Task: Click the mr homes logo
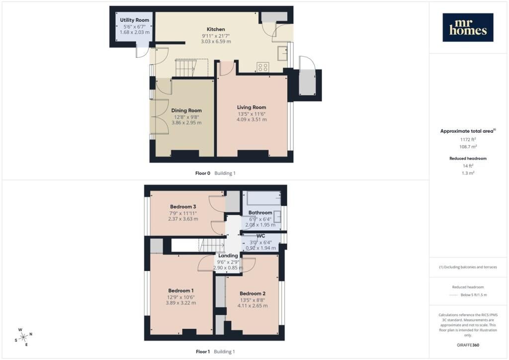tap(468, 27)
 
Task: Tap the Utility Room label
tap(134, 20)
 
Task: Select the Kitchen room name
tap(216, 29)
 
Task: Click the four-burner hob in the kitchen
tap(262, 67)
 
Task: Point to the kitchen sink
tap(282, 54)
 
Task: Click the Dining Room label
tap(186, 110)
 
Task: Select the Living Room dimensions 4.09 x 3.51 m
tap(252, 119)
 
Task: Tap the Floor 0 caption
tap(203, 174)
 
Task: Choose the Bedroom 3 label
tap(183, 207)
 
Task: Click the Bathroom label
tap(260, 213)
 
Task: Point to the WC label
tap(260, 236)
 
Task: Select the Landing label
tap(228, 256)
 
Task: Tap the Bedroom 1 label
tap(181, 291)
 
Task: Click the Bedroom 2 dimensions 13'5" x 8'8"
tap(253, 300)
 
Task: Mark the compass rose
tap(24, 338)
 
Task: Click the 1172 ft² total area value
tap(468, 140)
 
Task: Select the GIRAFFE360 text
tap(468, 345)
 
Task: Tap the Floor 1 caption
tap(203, 352)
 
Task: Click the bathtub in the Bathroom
tap(264, 198)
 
